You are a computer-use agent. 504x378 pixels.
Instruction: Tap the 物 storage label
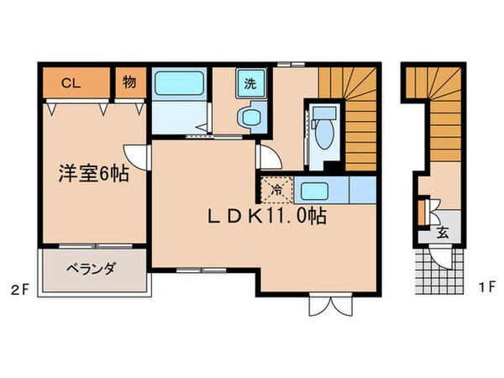(x=129, y=83)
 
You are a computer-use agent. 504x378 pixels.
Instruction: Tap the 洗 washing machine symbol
(x=250, y=82)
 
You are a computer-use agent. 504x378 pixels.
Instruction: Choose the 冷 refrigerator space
(x=276, y=190)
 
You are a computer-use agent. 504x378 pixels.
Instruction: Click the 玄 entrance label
(x=441, y=233)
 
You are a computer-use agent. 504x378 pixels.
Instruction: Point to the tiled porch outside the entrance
(x=436, y=270)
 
